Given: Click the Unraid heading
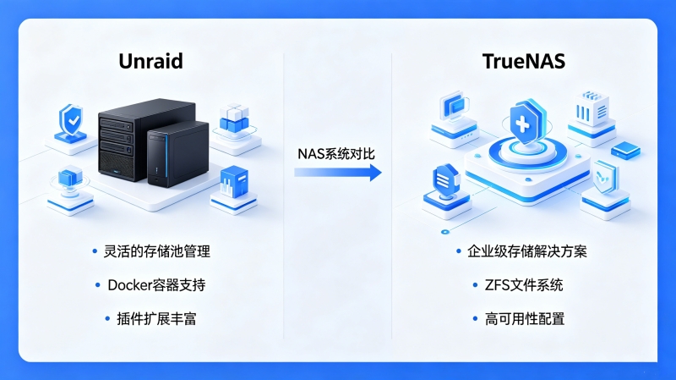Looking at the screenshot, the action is pos(150,61).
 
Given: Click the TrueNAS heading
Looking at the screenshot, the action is pos(523,61).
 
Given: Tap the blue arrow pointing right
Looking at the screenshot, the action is pos(338,173).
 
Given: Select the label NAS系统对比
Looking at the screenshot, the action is pos(336,154).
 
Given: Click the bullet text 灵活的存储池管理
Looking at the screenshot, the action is pos(157,251).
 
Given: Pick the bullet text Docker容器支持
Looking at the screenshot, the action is pos(156,285).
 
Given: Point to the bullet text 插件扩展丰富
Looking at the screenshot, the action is pos(156,319).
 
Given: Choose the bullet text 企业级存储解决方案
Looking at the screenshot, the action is pos(527,251).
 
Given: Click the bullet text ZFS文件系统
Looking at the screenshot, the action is pos(524,285).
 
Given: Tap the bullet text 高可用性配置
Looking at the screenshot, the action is pos(525,319).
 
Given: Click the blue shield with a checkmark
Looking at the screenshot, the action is pos(71,120).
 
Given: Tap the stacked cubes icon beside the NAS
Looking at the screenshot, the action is pos(235,118).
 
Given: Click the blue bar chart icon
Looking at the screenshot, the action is pos(234,182).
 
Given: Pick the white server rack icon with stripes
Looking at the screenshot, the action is pos(591,108).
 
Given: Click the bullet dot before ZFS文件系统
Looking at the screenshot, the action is pos(475,285).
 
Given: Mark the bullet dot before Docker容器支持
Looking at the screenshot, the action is pos(97,285).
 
